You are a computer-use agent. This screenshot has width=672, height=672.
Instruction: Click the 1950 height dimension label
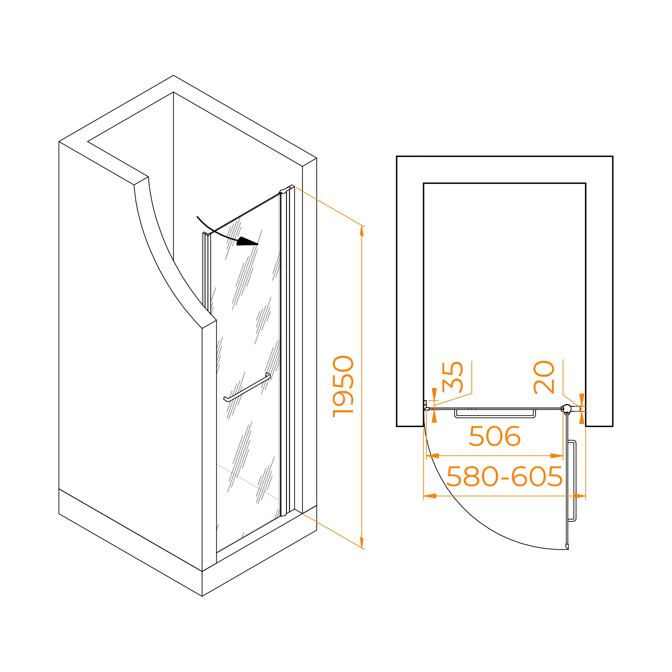[x=343, y=386]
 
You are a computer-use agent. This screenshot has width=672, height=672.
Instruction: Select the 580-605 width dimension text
[x=504, y=476]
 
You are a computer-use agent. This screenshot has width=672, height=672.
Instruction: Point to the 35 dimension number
[x=452, y=377]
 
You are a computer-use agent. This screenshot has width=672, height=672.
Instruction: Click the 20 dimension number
[x=544, y=377]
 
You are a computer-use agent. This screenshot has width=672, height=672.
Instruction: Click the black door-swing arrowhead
[x=247, y=242]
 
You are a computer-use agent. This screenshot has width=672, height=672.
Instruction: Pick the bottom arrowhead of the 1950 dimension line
[x=362, y=542]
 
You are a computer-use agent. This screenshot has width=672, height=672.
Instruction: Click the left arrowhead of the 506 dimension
[x=432, y=456]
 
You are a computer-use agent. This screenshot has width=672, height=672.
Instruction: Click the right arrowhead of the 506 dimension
[x=557, y=456]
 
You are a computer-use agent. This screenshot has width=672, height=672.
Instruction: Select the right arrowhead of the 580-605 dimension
[x=580, y=496]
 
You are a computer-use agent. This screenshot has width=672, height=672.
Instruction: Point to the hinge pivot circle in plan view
[x=567, y=408]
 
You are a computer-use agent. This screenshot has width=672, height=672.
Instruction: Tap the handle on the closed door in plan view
[x=495, y=414]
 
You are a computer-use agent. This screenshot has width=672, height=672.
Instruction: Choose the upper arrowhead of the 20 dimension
[x=582, y=398]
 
